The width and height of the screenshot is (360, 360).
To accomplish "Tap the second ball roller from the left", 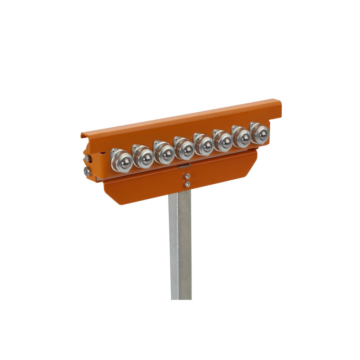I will [x=144, y=157].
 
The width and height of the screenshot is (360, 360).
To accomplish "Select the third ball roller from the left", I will [x=165, y=153].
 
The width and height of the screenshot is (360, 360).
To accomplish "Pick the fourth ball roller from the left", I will [x=185, y=149].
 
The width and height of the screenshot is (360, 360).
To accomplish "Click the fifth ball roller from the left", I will [x=204, y=145].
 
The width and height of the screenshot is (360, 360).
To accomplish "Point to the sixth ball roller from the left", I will [x=223, y=141].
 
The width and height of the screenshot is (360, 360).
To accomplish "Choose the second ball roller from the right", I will [x=242, y=138].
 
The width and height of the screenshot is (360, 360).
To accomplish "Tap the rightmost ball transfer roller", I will [x=260, y=134].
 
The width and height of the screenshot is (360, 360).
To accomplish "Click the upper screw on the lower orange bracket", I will [x=187, y=176].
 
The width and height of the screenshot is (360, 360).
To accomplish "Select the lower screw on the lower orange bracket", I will [x=187, y=184].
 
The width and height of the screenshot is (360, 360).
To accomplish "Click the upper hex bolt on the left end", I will [x=87, y=158].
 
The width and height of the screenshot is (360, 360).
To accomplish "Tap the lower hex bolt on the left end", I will [x=87, y=171].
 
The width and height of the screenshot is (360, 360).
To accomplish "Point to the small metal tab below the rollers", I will [x=184, y=166].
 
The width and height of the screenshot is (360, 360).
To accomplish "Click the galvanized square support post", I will [x=180, y=248].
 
